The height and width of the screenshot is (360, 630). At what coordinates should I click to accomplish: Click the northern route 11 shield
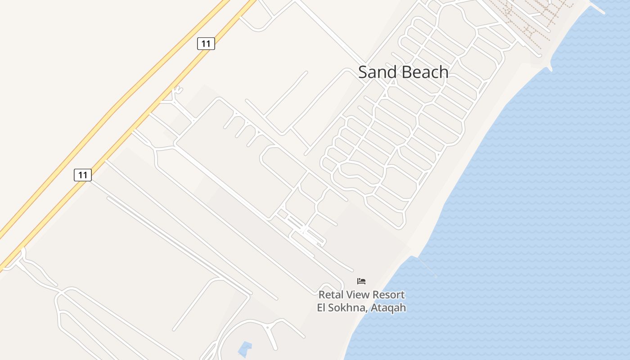point(206,44)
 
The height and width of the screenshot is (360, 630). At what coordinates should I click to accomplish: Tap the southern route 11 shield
point(83,175)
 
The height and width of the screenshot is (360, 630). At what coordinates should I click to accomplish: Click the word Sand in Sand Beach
point(378,72)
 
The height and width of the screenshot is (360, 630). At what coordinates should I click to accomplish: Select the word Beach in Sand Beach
point(425,72)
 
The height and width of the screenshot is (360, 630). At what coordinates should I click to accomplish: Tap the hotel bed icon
point(361,281)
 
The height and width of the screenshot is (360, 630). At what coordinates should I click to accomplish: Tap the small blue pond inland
point(244,349)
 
